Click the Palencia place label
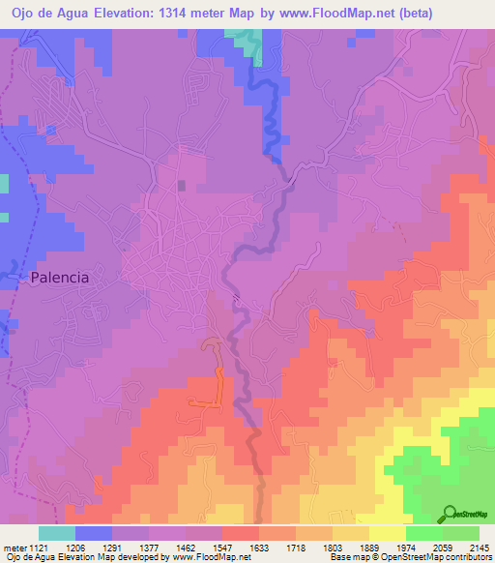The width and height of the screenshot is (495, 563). pos(60,277)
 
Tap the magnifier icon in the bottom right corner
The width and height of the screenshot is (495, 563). pos(449,513)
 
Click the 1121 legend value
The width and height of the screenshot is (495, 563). pos(38,548)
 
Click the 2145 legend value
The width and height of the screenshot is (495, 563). pos(480,548)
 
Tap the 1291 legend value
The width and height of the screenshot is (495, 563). pos(113,548)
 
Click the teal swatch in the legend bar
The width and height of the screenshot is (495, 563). pos(57,533)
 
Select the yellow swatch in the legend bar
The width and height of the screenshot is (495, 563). pos(387,533)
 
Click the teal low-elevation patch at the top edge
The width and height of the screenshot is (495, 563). pos(248,41)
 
